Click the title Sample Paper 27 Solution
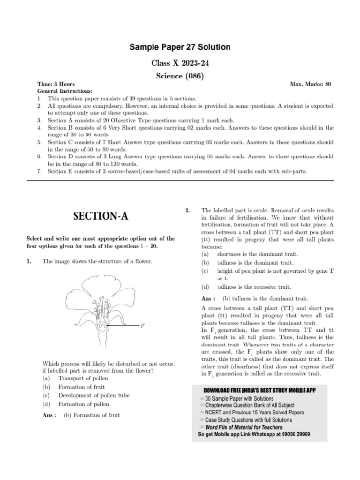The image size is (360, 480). pyautogui.click(x=180, y=48)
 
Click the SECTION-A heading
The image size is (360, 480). pyautogui.click(x=100, y=216)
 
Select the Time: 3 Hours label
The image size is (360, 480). pyautogui.click(x=56, y=84)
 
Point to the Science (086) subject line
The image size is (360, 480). pyautogui.click(x=180, y=75)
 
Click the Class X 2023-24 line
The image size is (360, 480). pyautogui.click(x=180, y=62)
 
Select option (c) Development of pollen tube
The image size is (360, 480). pyautogui.click(x=94, y=396)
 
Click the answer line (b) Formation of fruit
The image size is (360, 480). pyautogui.click(x=91, y=415)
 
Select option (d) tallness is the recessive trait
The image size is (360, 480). pyautogui.click(x=254, y=286)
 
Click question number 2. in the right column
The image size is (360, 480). pyautogui.click(x=187, y=211)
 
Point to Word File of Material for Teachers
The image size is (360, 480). pyautogui.click(x=244, y=427)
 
